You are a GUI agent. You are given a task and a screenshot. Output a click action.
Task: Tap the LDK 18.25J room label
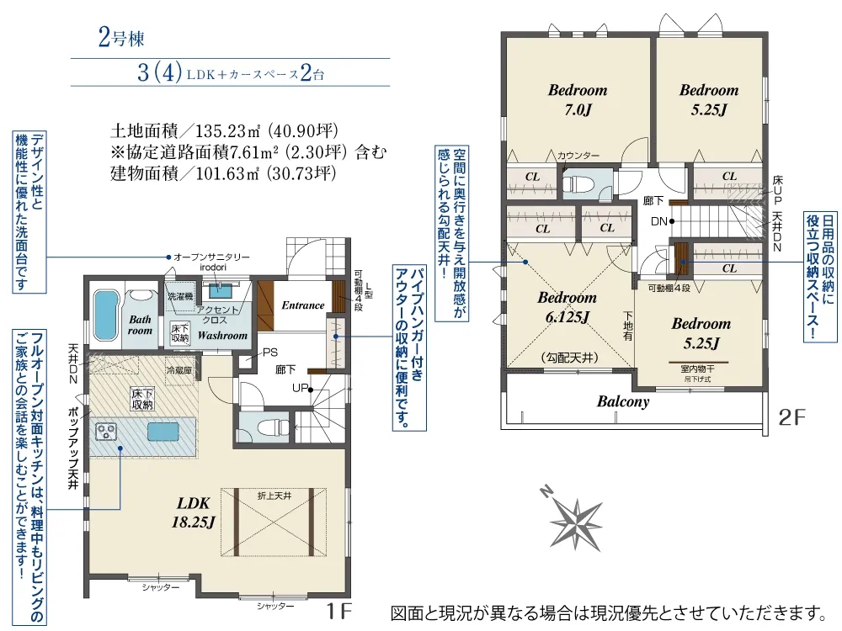click(x=195, y=512)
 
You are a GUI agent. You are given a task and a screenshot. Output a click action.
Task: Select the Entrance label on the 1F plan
click(x=302, y=305)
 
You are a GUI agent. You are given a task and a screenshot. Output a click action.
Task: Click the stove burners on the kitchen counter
click(x=108, y=432)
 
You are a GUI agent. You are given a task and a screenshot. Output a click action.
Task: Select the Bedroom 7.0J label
click(x=578, y=99)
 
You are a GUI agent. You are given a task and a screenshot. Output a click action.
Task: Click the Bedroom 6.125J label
click(x=567, y=306)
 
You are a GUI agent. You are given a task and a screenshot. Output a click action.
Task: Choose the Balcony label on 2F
click(x=623, y=402)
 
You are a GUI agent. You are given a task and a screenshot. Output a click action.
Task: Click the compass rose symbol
click(x=575, y=515)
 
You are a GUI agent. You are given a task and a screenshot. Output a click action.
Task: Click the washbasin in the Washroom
click(x=221, y=291)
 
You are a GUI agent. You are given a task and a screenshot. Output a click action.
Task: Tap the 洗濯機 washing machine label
click(x=180, y=297)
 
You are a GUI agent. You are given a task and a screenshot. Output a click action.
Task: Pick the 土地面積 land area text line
click(x=224, y=131)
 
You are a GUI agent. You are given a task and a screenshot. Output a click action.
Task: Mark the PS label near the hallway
click(x=269, y=353)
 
